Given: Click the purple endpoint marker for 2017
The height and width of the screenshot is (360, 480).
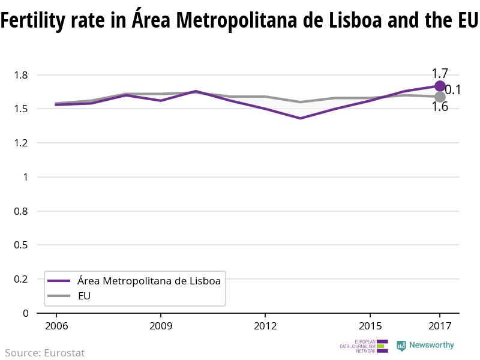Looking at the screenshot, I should [x=440, y=86].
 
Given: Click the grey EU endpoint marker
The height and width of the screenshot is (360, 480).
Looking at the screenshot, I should [x=440, y=97].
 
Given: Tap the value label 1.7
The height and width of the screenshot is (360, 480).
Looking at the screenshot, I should [x=440, y=74].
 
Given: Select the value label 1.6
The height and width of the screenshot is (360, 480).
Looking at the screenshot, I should [x=440, y=107].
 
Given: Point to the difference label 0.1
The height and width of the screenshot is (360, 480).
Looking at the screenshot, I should [x=452, y=90].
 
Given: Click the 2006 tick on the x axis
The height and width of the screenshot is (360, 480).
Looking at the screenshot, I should [x=56, y=326].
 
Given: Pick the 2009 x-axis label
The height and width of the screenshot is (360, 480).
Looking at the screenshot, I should [x=161, y=326].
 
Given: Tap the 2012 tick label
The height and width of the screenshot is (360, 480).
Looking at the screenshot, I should [x=265, y=326].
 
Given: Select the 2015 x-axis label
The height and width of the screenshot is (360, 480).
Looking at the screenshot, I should [x=370, y=326].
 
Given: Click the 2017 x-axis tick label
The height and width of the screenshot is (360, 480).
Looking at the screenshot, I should [x=440, y=326].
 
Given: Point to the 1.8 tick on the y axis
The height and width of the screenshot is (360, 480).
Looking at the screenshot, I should [x=22, y=75].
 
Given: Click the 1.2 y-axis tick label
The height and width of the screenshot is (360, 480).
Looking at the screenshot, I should [x=22, y=143].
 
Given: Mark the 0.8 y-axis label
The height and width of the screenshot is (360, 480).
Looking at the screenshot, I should [x=22, y=211].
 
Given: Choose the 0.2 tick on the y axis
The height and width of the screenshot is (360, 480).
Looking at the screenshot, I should [x=22, y=279].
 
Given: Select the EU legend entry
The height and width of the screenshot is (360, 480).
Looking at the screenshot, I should [x=84, y=296].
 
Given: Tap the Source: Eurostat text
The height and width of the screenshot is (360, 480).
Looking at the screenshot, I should [x=45, y=353].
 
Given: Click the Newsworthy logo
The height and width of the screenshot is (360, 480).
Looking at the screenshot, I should [x=425, y=346].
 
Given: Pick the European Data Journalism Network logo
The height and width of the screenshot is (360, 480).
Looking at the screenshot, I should [x=364, y=346].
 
